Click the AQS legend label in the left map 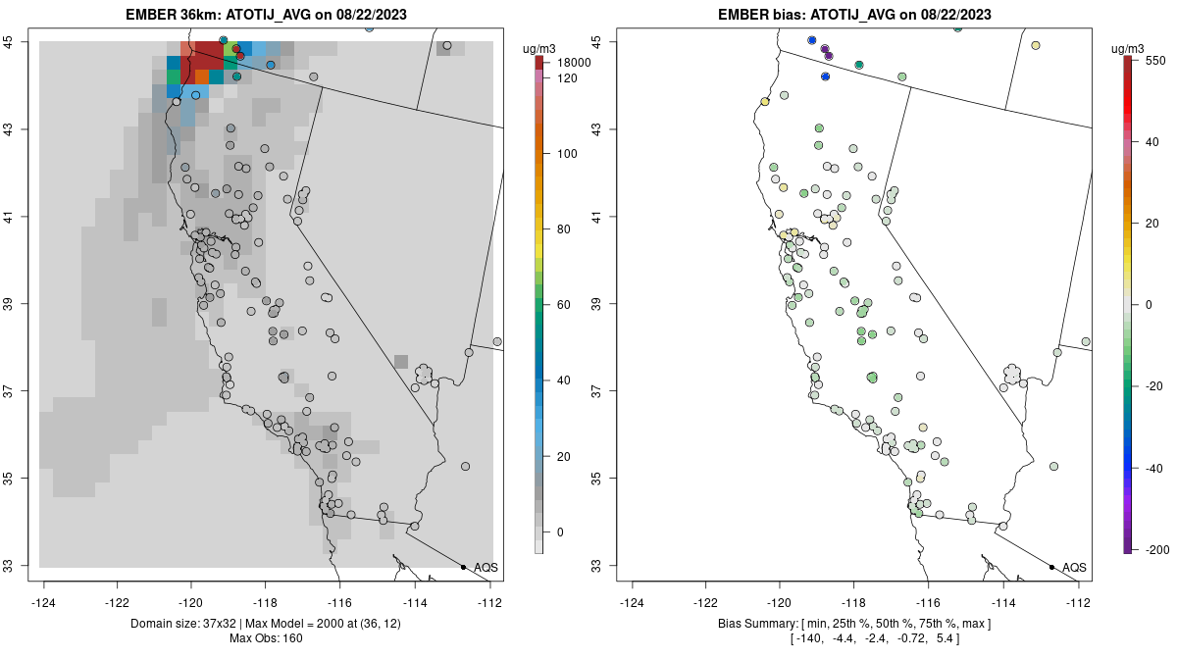pos(486,567)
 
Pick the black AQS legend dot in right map pos(1051,567)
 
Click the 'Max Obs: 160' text pos(265,639)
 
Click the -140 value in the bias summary pos(806,639)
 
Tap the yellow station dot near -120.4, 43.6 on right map pos(765,101)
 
